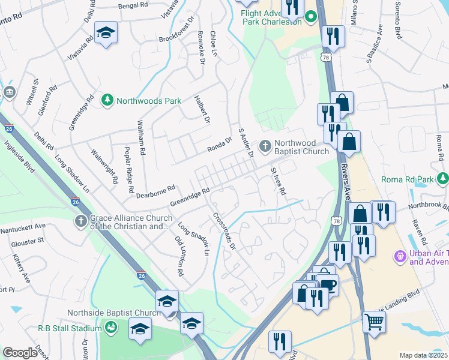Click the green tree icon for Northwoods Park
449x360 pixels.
107,100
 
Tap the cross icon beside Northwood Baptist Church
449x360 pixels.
265,146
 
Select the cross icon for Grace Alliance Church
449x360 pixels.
80,221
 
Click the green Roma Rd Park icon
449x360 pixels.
442,178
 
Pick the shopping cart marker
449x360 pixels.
373,322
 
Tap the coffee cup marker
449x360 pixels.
328,284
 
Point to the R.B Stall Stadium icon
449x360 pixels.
110,328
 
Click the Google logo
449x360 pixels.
20,352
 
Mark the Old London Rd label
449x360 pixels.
179,256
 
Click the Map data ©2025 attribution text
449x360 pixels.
423,355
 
